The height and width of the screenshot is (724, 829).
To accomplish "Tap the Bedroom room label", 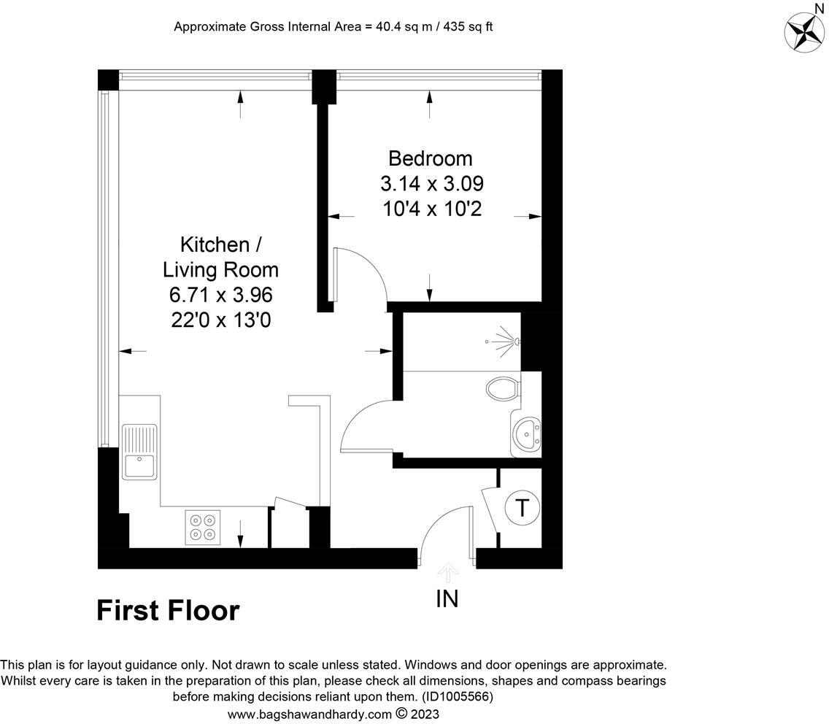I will pyautogui.click(x=430, y=158).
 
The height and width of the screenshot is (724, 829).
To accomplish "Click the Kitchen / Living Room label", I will pyautogui.click(x=220, y=256).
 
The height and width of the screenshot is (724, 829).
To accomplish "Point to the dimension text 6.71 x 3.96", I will pyautogui.click(x=221, y=295).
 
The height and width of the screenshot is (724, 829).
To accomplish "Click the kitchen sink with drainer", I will pyautogui.click(x=139, y=452).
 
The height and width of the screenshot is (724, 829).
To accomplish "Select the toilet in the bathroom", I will pyautogui.click(x=504, y=388).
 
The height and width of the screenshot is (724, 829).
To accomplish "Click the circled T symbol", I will pyautogui.click(x=523, y=507).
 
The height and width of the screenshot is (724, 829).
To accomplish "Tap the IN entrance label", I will pyautogui.click(x=447, y=599).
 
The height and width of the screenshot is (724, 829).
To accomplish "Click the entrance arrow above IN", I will pyautogui.click(x=447, y=572).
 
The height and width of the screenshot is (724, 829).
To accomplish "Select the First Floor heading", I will pyautogui.click(x=168, y=610).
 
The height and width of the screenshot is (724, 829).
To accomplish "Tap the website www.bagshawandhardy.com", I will pyautogui.click(x=310, y=714).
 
